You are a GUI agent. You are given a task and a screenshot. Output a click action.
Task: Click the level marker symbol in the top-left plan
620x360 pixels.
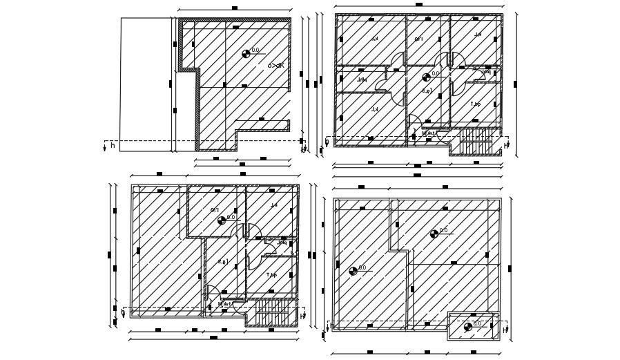246,53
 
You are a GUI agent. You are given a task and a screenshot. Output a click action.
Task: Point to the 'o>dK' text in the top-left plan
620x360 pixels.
275,65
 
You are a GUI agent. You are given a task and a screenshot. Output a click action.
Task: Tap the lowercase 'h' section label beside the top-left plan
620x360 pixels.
113,146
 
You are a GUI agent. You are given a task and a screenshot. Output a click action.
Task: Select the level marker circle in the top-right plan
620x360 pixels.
426,77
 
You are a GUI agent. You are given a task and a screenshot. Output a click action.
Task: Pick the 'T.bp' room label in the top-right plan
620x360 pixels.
476,104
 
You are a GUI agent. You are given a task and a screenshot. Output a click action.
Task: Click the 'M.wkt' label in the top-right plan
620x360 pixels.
428,133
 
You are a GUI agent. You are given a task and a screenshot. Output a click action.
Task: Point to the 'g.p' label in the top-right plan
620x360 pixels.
427,91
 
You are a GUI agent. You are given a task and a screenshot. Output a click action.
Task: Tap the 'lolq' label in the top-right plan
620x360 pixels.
487,72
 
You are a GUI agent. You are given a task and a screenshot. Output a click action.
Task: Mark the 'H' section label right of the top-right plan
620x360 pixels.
505,146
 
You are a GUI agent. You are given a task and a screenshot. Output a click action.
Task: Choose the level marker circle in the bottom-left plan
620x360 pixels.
222,220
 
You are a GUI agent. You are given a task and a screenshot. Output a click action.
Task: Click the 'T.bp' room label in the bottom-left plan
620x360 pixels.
271,275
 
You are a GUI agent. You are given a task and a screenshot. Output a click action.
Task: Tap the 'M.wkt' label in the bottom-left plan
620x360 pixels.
224,304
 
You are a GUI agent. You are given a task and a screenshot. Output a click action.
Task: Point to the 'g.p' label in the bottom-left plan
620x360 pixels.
222,261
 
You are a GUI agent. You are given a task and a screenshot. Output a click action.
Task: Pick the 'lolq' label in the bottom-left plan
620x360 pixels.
282,243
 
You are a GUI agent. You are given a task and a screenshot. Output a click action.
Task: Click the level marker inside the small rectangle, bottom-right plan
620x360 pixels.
468,327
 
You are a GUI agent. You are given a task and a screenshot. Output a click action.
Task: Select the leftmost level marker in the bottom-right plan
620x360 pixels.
353,271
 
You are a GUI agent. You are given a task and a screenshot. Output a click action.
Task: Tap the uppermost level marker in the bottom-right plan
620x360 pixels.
434,234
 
